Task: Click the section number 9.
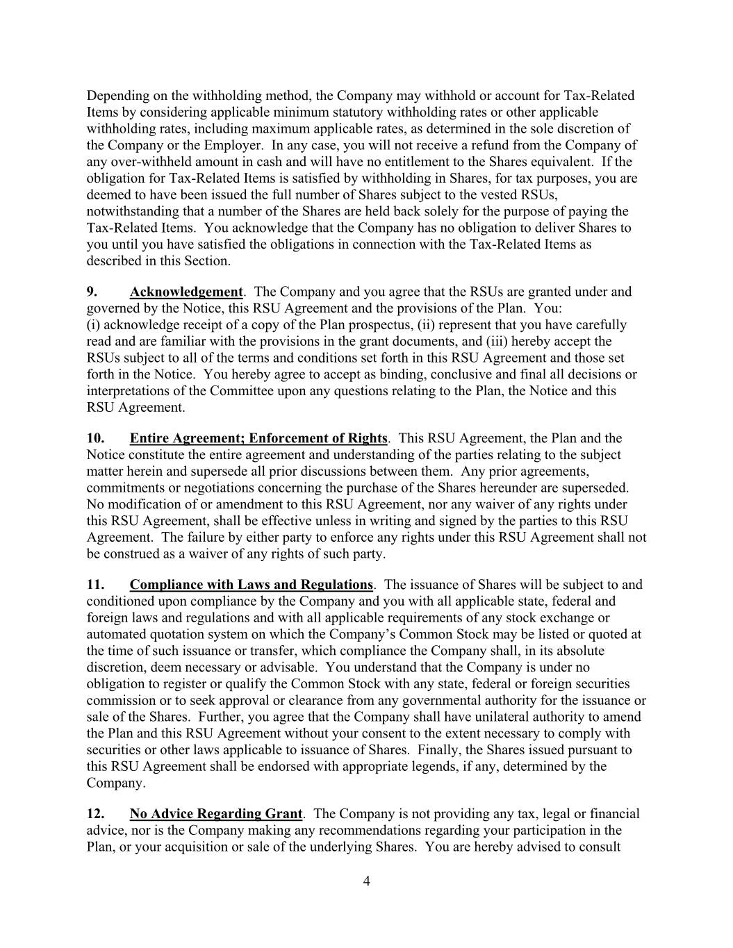tap(92, 292)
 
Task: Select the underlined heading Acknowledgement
tap(186, 292)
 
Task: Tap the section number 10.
tap(95, 438)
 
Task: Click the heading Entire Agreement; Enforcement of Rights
tap(258, 438)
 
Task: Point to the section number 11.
tap(95, 585)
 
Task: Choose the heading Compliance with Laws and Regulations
tap(252, 585)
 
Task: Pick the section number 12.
tap(95, 814)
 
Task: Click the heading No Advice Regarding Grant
tap(216, 814)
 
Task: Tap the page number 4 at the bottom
tap(367, 882)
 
